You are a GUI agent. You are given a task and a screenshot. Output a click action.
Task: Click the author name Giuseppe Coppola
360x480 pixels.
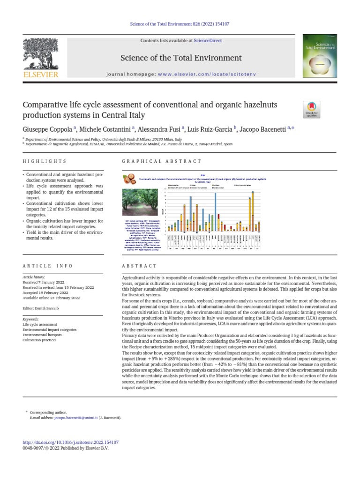tap(46, 129)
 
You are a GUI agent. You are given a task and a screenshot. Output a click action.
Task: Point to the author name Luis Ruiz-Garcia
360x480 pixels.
tap(211, 129)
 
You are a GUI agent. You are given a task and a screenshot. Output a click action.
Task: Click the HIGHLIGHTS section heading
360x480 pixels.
tap(45, 161)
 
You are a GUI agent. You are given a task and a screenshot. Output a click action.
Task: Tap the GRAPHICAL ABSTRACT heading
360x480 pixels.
tap(161, 161)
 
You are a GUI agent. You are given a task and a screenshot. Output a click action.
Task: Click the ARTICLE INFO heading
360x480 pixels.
tap(48, 266)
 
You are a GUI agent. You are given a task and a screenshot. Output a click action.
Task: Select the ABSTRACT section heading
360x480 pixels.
tap(139, 266)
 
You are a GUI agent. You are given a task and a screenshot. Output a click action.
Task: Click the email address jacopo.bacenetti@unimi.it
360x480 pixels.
tap(76, 417)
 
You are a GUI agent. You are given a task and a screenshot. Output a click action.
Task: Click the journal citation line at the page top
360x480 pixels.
tap(180, 24)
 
